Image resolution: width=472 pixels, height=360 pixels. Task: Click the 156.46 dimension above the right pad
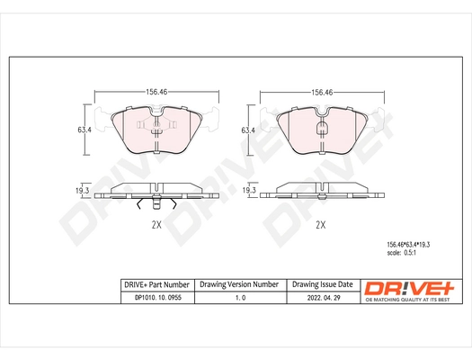point(324,92)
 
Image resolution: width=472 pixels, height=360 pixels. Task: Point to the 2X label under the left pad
point(156,225)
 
